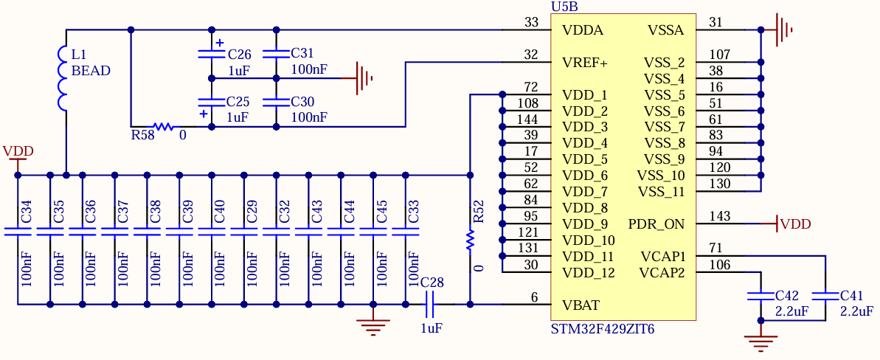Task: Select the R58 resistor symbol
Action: tap(162, 127)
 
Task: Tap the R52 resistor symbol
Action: tap(469, 240)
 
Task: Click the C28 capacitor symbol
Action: tap(432, 303)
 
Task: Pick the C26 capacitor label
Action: tap(239, 55)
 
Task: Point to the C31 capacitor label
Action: tap(302, 53)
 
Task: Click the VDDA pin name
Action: tap(583, 30)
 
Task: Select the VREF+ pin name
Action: tap(585, 63)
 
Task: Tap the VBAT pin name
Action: tap(581, 305)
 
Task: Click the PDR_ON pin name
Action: tap(656, 224)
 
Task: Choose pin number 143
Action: tap(719, 216)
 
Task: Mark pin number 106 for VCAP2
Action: tap(719, 265)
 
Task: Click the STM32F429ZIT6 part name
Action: tap(603, 329)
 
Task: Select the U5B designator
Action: tap(564, 7)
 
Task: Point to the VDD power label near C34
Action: tap(18, 151)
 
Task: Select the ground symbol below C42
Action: tap(761, 340)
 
